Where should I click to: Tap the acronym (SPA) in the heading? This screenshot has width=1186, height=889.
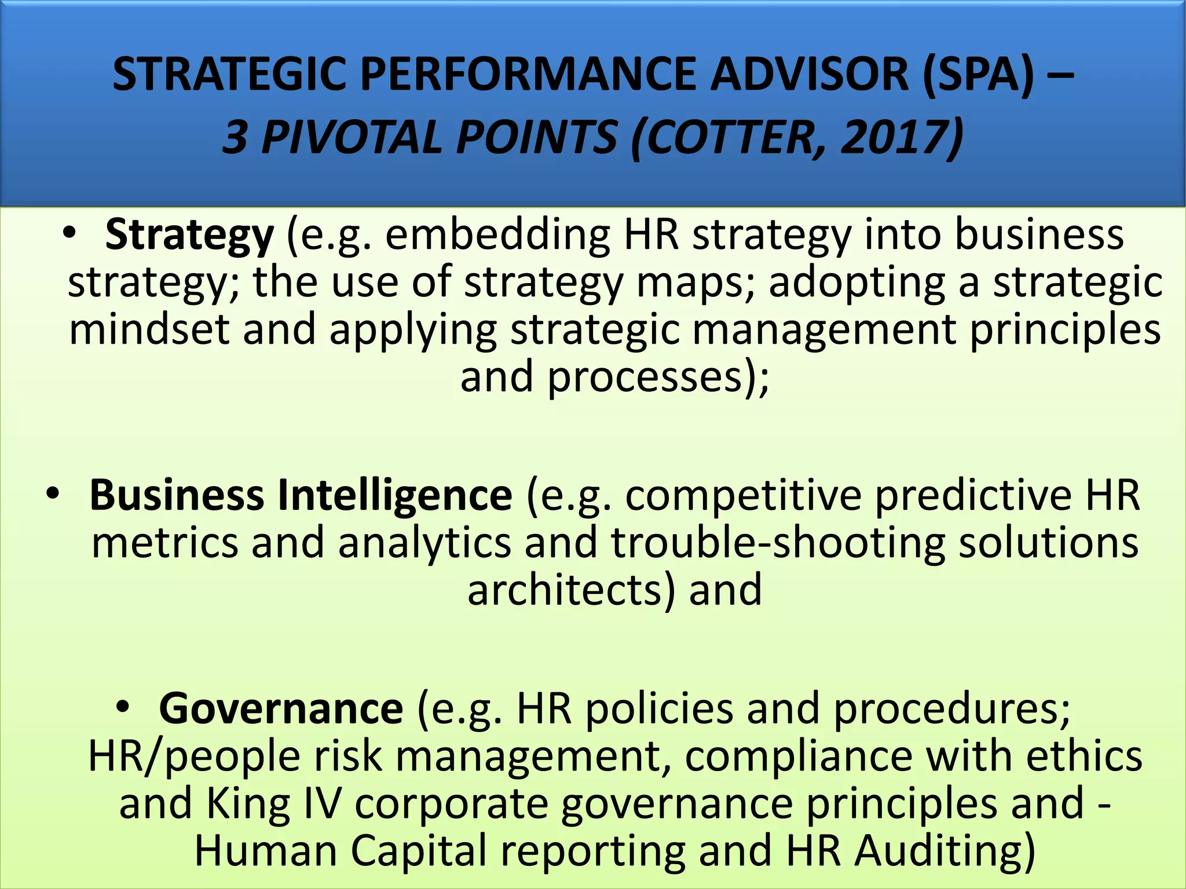(978, 75)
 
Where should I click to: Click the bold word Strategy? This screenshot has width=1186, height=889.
(189, 236)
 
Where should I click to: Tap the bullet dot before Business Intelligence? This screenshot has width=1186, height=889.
(53, 494)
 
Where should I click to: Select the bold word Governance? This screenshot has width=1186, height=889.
(281, 708)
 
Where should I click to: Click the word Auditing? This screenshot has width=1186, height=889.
(945, 851)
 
